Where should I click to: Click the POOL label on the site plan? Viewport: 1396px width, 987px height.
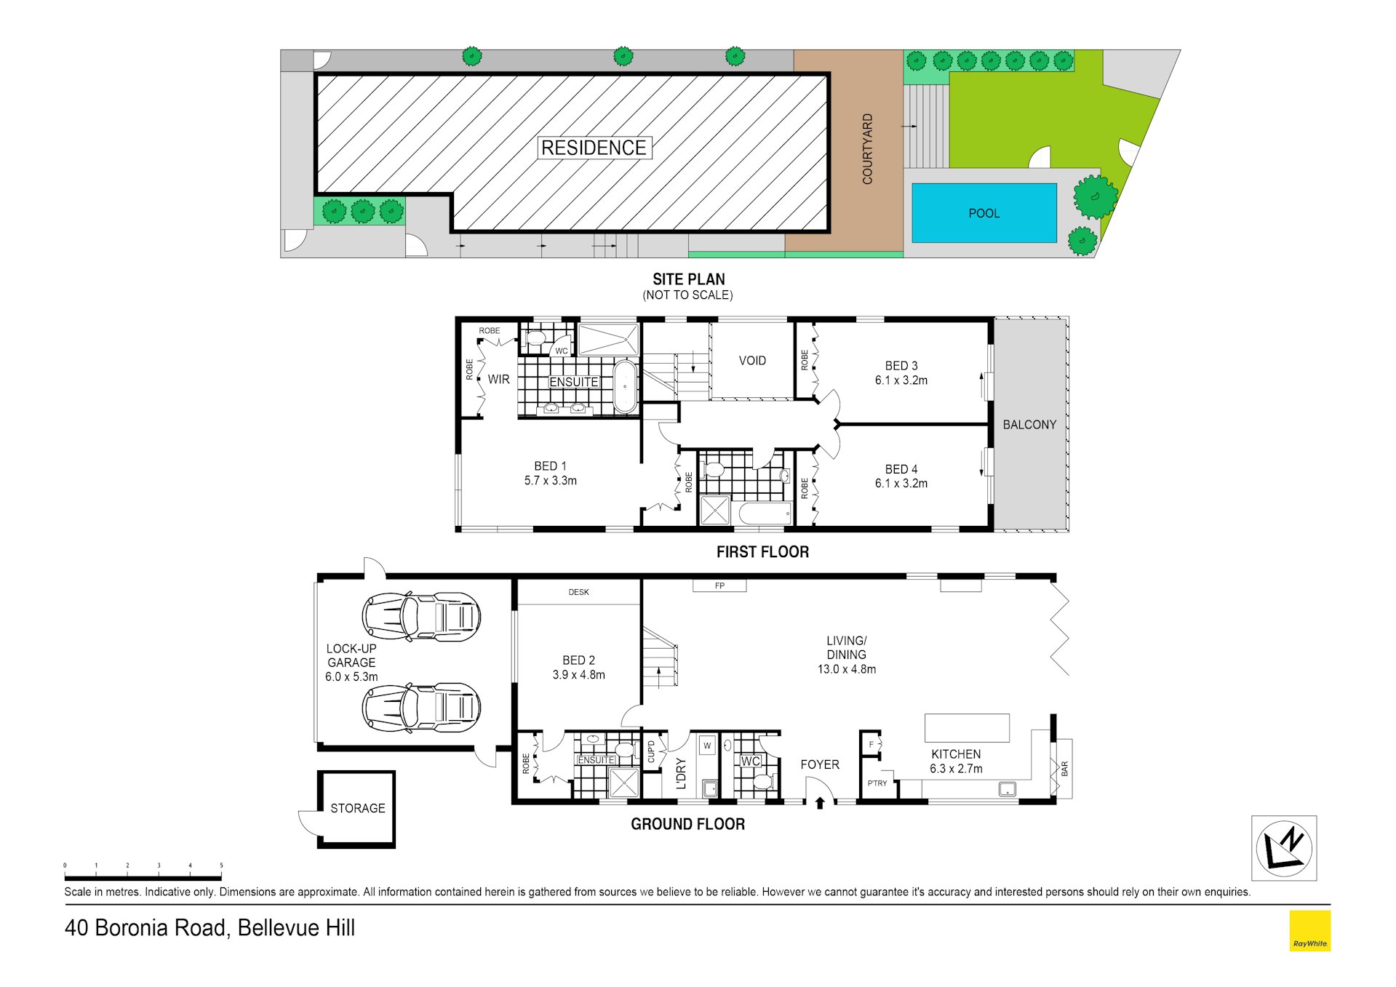click(984, 213)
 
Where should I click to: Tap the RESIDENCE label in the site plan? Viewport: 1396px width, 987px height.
click(594, 148)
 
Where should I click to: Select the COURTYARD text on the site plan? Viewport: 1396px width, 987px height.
click(867, 148)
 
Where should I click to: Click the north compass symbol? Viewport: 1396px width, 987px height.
click(1284, 848)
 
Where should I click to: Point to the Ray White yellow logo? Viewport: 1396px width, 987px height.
click(1309, 930)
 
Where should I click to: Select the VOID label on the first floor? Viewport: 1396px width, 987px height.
click(752, 361)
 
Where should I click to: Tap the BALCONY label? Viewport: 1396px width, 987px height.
click(1029, 425)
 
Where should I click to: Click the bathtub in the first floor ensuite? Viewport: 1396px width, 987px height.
click(625, 386)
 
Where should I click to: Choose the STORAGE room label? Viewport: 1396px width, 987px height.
click(358, 808)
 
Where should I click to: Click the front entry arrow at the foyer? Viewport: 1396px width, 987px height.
click(820, 802)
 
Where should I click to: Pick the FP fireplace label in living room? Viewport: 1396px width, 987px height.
click(719, 586)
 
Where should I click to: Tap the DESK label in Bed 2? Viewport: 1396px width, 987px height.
click(579, 592)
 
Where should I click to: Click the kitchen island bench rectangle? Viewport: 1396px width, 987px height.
click(967, 727)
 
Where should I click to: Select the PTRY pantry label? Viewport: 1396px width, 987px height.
click(877, 783)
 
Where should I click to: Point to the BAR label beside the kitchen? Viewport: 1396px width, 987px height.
click(1064, 768)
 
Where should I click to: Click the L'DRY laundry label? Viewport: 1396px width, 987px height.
click(681, 774)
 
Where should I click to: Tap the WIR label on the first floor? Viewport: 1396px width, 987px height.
click(498, 379)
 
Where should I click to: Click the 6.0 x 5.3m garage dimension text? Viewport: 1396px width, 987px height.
click(351, 676)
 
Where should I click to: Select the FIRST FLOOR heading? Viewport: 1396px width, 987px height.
click(762, 552)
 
